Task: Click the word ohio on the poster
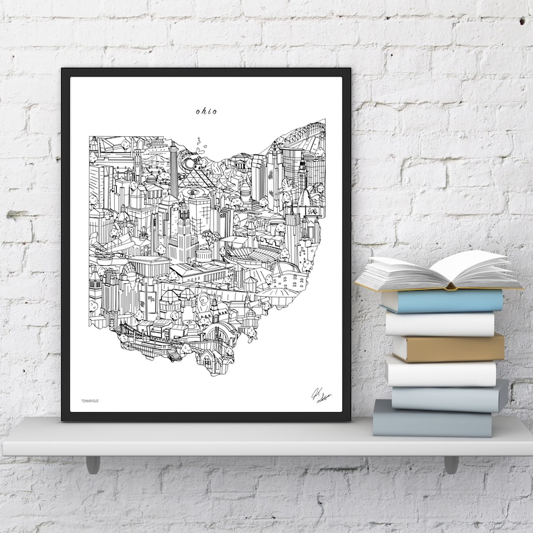[206, 111]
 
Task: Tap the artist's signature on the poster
[321, 396]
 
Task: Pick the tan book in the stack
[448, 348]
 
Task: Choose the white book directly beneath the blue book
[440, 324]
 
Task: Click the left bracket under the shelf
[93, 464]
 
